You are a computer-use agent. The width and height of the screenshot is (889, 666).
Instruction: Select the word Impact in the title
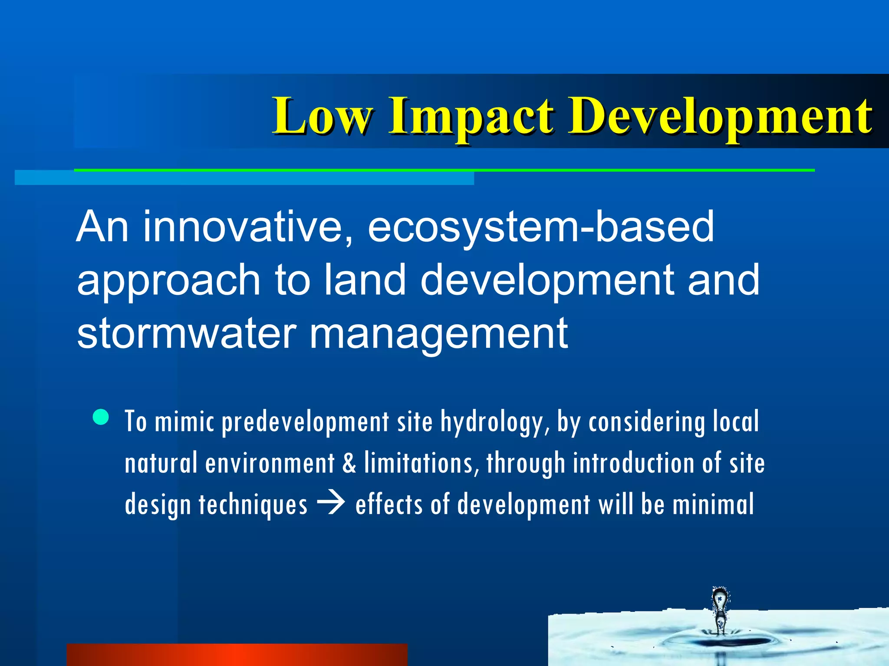[471, 116]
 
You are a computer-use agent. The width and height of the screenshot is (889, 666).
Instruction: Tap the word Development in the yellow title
[721, 116]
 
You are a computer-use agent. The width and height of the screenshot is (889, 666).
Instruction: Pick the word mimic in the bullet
[184, 421]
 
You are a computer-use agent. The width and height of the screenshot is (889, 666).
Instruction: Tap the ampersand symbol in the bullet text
[349, 463]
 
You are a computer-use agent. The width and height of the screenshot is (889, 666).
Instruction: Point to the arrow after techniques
[331, 504]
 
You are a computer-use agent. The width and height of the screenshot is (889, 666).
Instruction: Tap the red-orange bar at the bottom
[237, 655]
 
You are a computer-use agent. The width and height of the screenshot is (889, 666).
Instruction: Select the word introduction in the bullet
[634, 463]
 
